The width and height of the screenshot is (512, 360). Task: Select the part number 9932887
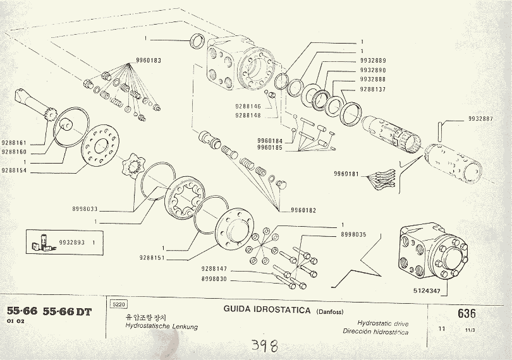[481, 119]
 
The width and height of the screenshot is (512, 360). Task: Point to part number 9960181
[346, 174]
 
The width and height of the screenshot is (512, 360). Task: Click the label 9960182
[304, 209]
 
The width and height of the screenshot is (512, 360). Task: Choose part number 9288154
[14, 171]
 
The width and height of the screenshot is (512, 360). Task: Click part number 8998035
[353, 234]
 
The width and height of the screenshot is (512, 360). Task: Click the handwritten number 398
[265, 345]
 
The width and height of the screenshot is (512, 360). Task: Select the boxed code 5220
[118, 304]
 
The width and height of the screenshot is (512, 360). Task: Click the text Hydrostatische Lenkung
[162, 327]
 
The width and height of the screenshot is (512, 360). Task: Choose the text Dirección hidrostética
[375, 332]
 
